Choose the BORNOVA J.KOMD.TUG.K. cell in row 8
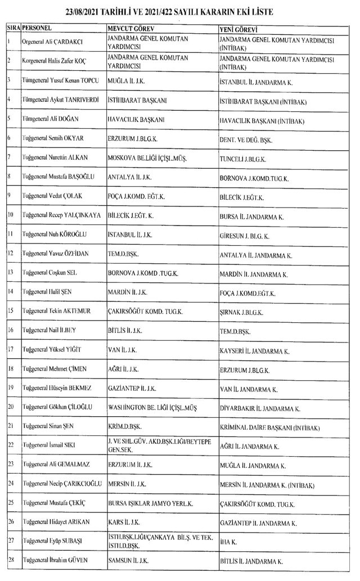pos(254,178)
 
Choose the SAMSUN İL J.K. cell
pos(128,561)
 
